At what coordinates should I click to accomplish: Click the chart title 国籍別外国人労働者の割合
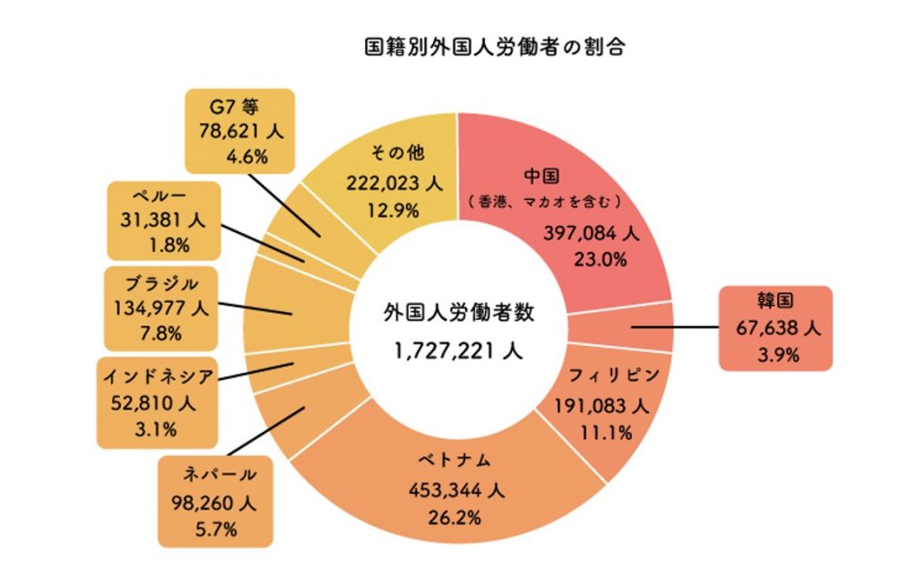(494, 47)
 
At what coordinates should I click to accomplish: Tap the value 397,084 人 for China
(590, 234)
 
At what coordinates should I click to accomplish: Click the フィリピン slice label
(595, 373)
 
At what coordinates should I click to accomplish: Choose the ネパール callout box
(215, 501)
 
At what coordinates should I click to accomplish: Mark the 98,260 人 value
(215, 503)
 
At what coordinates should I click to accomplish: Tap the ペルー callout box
(162, 220)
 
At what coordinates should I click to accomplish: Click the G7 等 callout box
(238, 131)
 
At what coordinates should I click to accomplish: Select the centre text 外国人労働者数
(458, 315)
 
